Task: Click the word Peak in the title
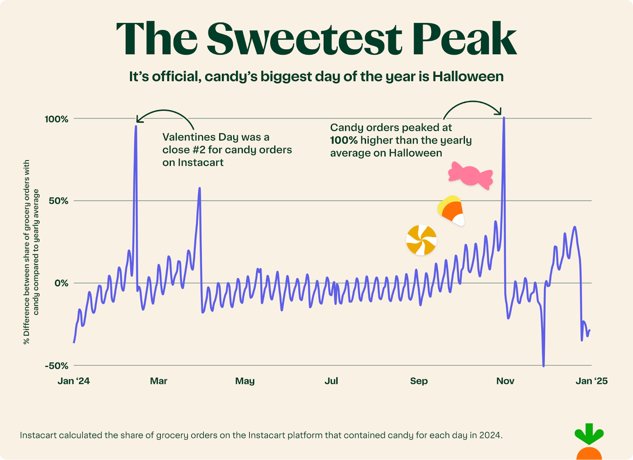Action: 464,38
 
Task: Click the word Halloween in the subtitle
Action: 468,76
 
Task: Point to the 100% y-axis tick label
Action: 57,119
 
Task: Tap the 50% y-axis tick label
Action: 59,201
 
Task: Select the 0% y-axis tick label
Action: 61,283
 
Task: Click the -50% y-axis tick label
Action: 57,366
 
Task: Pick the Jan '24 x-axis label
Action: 74,381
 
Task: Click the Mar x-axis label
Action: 159,381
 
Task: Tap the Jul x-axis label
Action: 331,381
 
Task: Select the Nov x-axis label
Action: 505,381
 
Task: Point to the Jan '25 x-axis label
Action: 591,381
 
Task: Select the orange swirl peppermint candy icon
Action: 421,240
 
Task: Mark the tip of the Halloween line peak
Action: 504,117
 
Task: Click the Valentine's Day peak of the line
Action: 136,127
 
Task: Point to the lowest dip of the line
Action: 544,366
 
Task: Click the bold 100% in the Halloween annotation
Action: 344,140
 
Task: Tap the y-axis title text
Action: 31,252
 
